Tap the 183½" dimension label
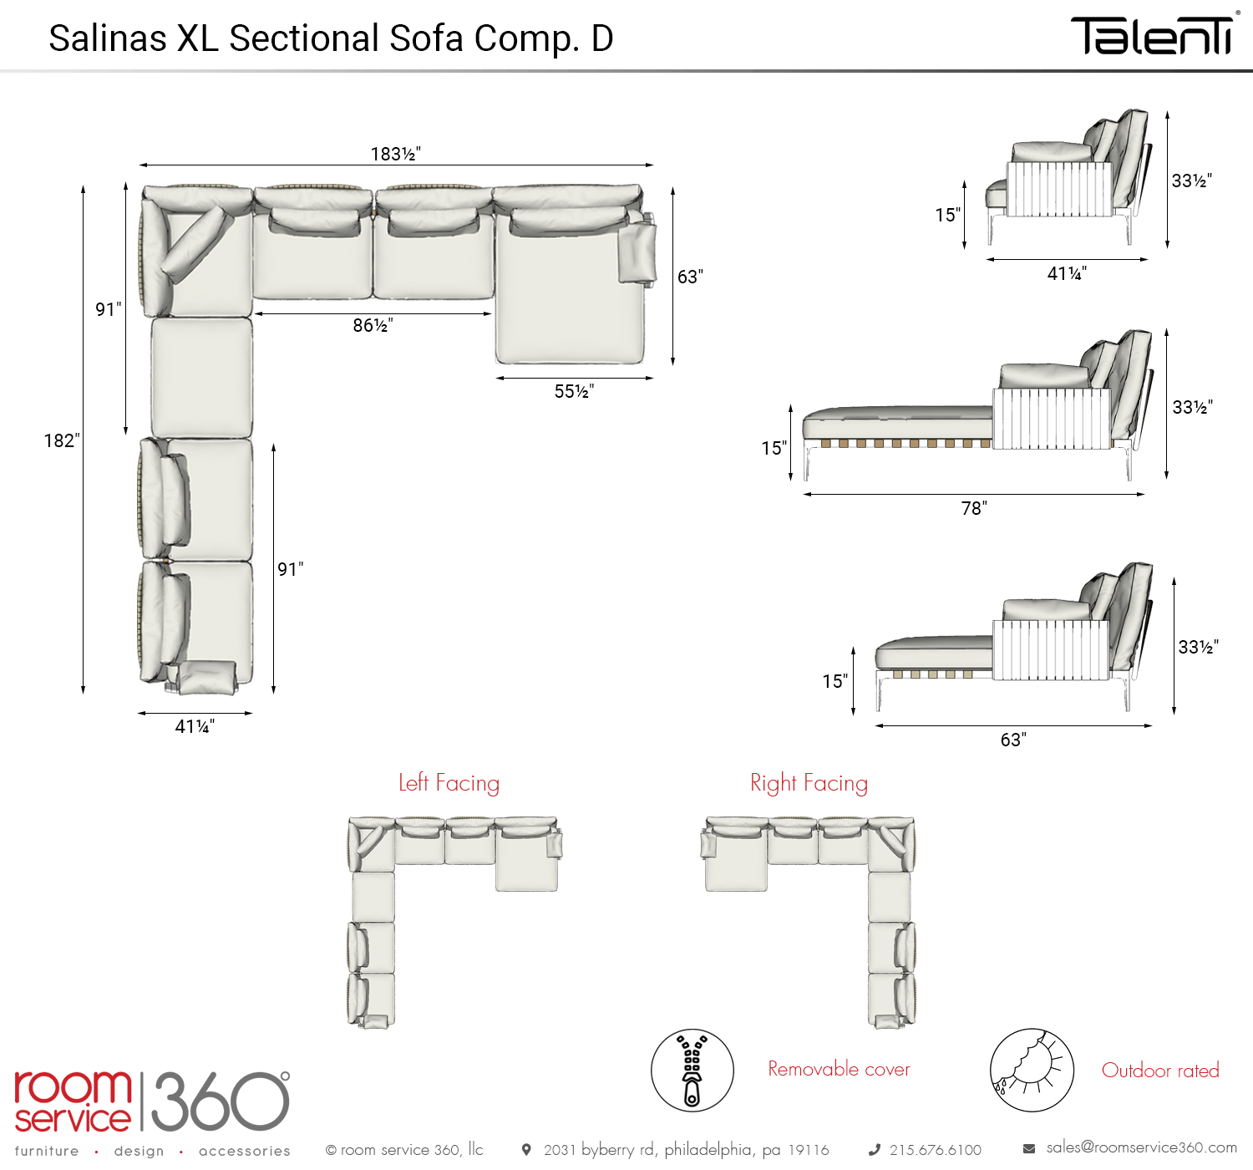(x=396, y=154)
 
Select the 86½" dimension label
(x=373, y=325)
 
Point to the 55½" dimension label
(x=574, y=391)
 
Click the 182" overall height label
(x=62, y=440)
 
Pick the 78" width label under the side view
(x=974, y=508)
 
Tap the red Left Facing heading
(x=449, y=783)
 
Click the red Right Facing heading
(x=809, y=783)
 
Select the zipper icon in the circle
(x=692, y=1071)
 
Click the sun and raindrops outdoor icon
(x=1032, y=1071)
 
